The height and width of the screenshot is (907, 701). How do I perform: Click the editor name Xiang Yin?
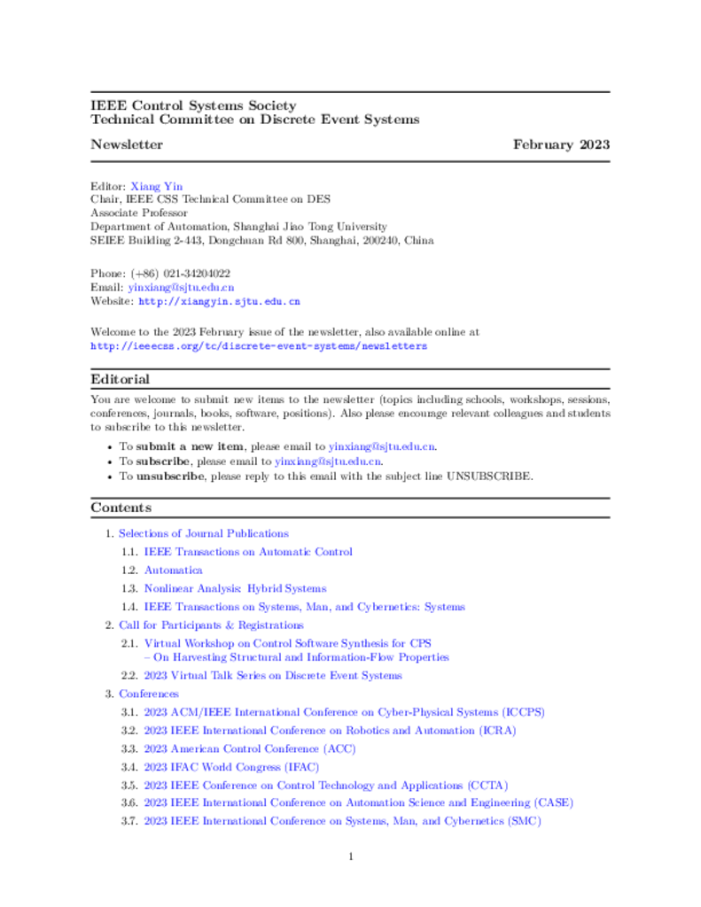(x=157, y=187)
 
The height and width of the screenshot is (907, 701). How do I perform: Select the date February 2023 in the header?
(x=561, y=144)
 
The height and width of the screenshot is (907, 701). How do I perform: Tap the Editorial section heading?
(x=120, y=379)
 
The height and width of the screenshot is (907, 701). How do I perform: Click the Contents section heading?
(x=121, y=508)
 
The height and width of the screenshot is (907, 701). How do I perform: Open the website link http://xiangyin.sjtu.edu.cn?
(x=219, y=301)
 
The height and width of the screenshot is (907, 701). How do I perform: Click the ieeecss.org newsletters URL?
(x=259, y=345)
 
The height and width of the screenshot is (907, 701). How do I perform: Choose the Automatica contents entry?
(x=174, y=570)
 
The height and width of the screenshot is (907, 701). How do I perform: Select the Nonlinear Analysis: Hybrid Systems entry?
(x=235, y=588)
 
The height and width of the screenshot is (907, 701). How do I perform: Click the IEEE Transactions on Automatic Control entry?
(x=248, y=552)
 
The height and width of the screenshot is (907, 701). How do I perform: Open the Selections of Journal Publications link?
(x=204, y=533)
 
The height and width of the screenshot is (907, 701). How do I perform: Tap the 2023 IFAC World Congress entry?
(x=231, y=767)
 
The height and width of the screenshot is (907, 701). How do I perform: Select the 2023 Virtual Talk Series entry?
(x=273, y=676)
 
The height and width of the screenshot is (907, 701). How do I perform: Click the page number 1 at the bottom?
(x=351, y=857)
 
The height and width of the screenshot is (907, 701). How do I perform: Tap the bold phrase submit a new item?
(x=190, y=446)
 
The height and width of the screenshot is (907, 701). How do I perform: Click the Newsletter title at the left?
(x=127, y=144)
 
